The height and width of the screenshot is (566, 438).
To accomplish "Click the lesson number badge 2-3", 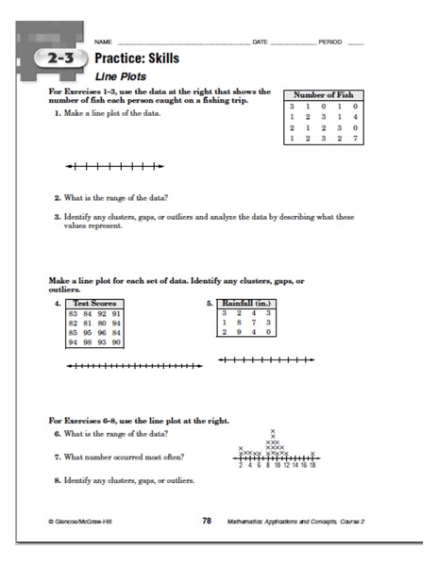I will click(x=56, y=61).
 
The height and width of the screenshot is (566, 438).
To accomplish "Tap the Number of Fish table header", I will click(x=324, y=96).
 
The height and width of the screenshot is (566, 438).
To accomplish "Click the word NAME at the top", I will click(x=103, y=43).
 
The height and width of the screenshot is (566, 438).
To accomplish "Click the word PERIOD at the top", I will click(x=330, y=43).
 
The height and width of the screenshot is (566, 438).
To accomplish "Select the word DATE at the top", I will click(x=261, y=43).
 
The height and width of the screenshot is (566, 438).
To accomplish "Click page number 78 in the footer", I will click(x=206, y=520).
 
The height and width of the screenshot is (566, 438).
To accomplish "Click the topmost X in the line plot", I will click(x=273, y=430).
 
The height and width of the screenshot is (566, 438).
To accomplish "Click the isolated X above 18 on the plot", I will click(x=312, y=453).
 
